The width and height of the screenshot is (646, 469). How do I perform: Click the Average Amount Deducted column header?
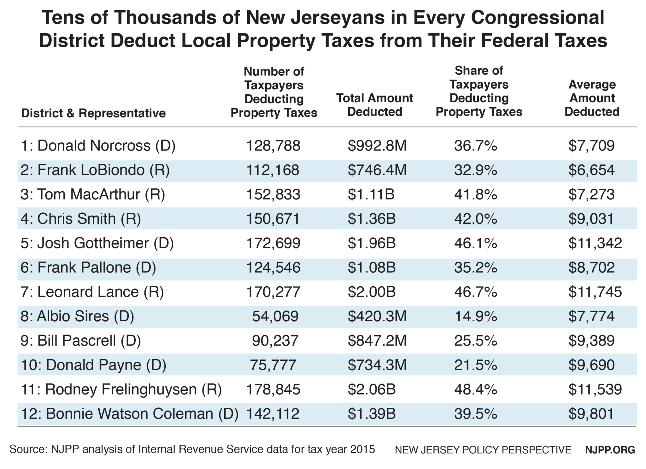[x=592, y=98]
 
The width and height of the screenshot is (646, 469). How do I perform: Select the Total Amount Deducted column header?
[x=374, y=105]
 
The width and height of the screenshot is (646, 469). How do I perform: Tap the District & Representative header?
[x=93, y=113]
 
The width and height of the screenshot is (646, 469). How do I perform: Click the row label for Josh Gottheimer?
[x=97, y=243]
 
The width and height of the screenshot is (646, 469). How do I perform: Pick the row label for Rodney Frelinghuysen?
[x=121, y=389]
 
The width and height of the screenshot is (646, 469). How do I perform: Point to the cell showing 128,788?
[x=273, y=146]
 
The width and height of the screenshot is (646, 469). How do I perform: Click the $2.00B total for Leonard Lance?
[x=372, y=292]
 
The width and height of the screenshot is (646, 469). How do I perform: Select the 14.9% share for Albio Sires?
[x=475, y=316]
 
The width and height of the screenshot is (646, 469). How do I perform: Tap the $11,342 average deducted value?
[x=595, y=243]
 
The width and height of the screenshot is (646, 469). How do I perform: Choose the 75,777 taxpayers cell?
[x=273, y=365]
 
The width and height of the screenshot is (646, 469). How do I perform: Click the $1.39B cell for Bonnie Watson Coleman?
[x=372, y=414]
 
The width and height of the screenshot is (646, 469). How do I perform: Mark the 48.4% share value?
[x=475, y=389]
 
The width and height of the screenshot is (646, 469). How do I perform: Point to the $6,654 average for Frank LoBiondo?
[x=591, y=170]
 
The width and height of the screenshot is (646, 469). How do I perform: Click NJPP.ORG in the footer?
[x=610, y=450]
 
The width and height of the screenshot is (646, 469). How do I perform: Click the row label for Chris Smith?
[x=81, y=219]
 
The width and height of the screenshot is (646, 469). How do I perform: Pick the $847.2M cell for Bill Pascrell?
[x=377, y=341]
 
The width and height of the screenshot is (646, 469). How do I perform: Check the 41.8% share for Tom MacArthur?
[x=475, y=194]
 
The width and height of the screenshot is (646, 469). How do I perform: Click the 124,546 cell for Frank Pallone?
[x=273, y=267]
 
